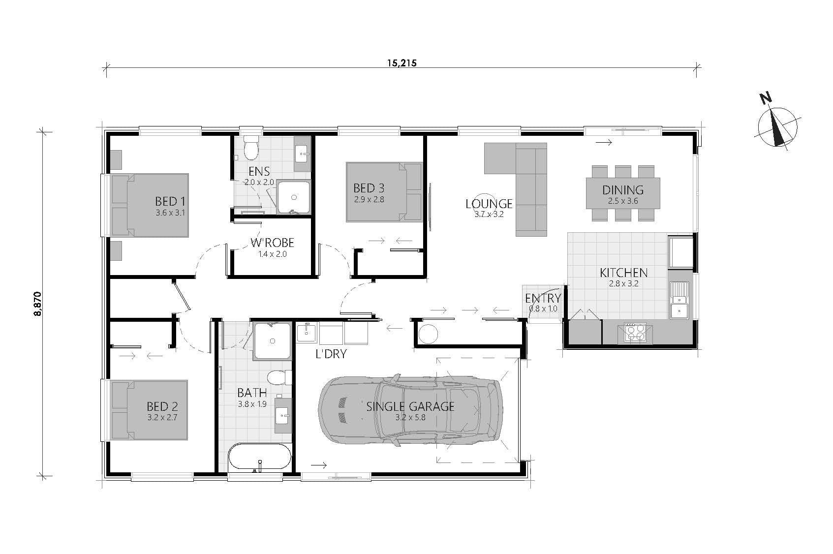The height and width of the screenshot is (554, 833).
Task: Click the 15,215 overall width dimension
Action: click(x=401, y=63)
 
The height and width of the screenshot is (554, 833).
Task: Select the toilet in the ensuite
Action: click(x=251, y=148)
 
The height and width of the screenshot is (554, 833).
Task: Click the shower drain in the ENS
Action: click(x=294, y=197)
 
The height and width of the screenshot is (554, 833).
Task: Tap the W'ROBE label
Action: click(x=272, y=243)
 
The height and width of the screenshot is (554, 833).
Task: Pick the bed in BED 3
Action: click(x=384, y=192)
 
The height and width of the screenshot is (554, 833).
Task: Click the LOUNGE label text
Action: click(x=489, y=204)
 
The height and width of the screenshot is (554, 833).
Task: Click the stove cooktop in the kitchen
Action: click(x=634, y=332)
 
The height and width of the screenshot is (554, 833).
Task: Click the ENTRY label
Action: click(x=543, y=298)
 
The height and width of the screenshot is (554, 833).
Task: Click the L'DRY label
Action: click(x=331, y=354)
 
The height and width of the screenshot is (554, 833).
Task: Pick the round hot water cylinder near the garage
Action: click(x=427, y=335)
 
